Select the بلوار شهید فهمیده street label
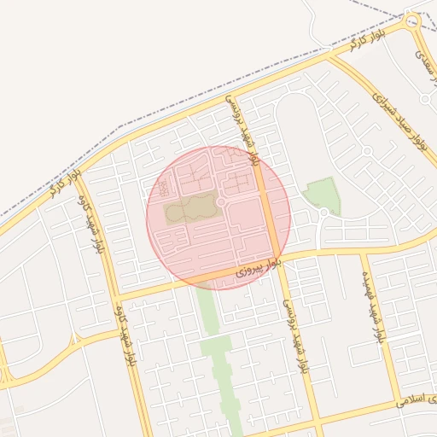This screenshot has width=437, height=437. coord(374,312)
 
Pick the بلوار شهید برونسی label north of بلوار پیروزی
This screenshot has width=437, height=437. coord(242,129)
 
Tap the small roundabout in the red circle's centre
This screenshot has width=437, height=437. coord(221,201)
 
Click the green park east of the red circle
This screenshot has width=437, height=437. coord(323,195)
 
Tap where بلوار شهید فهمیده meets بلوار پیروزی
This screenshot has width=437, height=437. coord(362,250)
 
